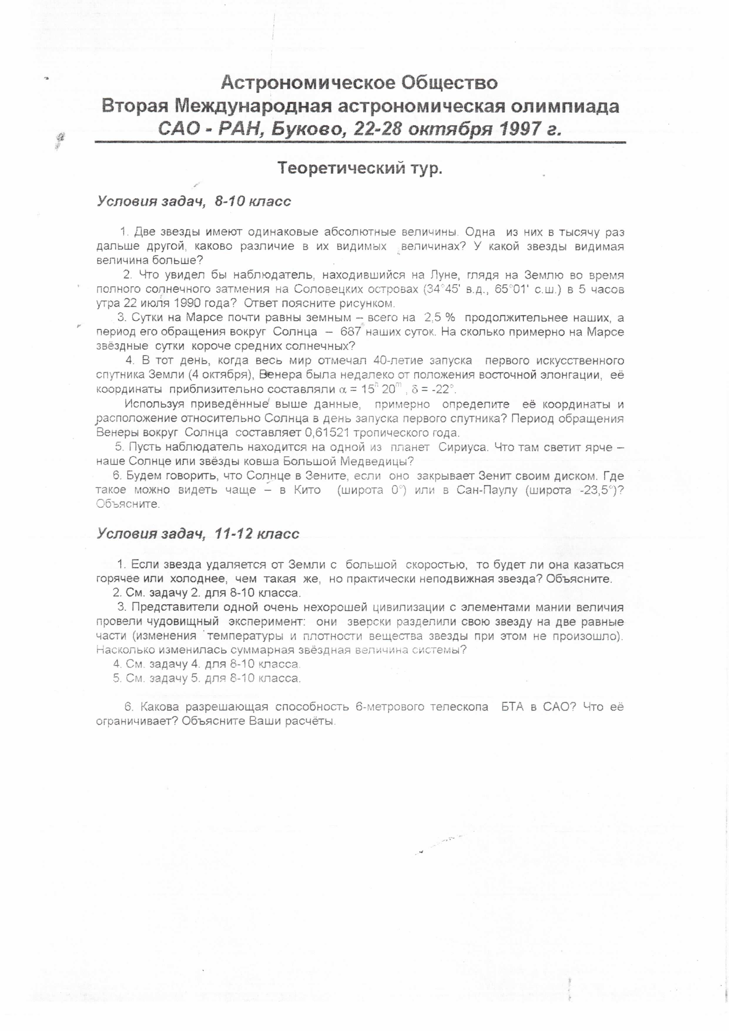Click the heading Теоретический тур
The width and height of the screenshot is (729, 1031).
[360, 168]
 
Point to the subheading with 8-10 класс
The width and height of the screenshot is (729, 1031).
[194, 201]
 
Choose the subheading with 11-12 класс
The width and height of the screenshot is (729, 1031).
[198, 534]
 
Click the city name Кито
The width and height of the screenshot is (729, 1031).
[307, 490]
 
